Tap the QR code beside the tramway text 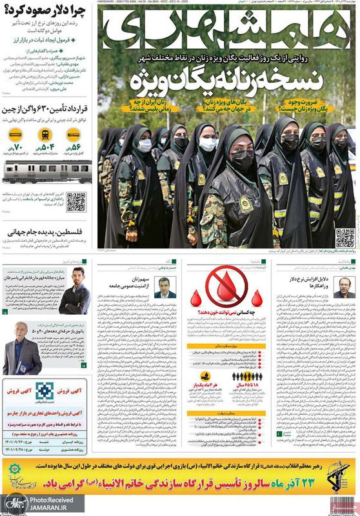coord(76,202)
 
